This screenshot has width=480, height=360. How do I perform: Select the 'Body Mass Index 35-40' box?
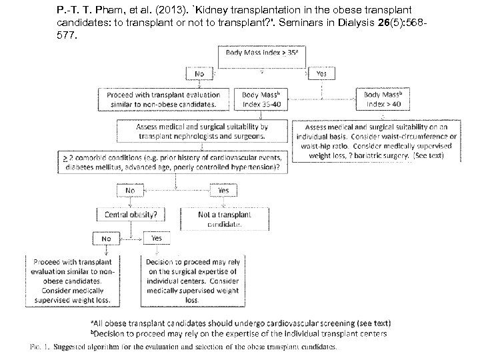pos(261,99)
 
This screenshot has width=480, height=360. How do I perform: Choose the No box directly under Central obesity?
pos(107,238)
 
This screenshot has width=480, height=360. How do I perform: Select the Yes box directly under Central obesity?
pos(156,238)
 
